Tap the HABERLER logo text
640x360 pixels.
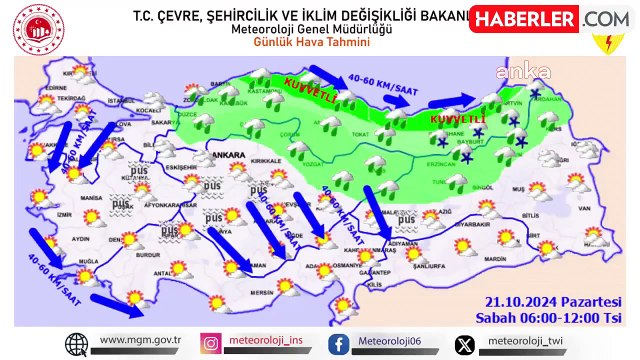point(523,19)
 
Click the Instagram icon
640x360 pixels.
point(212,343)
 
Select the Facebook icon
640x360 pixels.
point(340,343)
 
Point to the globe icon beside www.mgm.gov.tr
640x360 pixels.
point(76,343)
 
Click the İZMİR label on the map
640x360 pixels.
point(65,214)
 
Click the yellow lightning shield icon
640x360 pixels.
point(604,44)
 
